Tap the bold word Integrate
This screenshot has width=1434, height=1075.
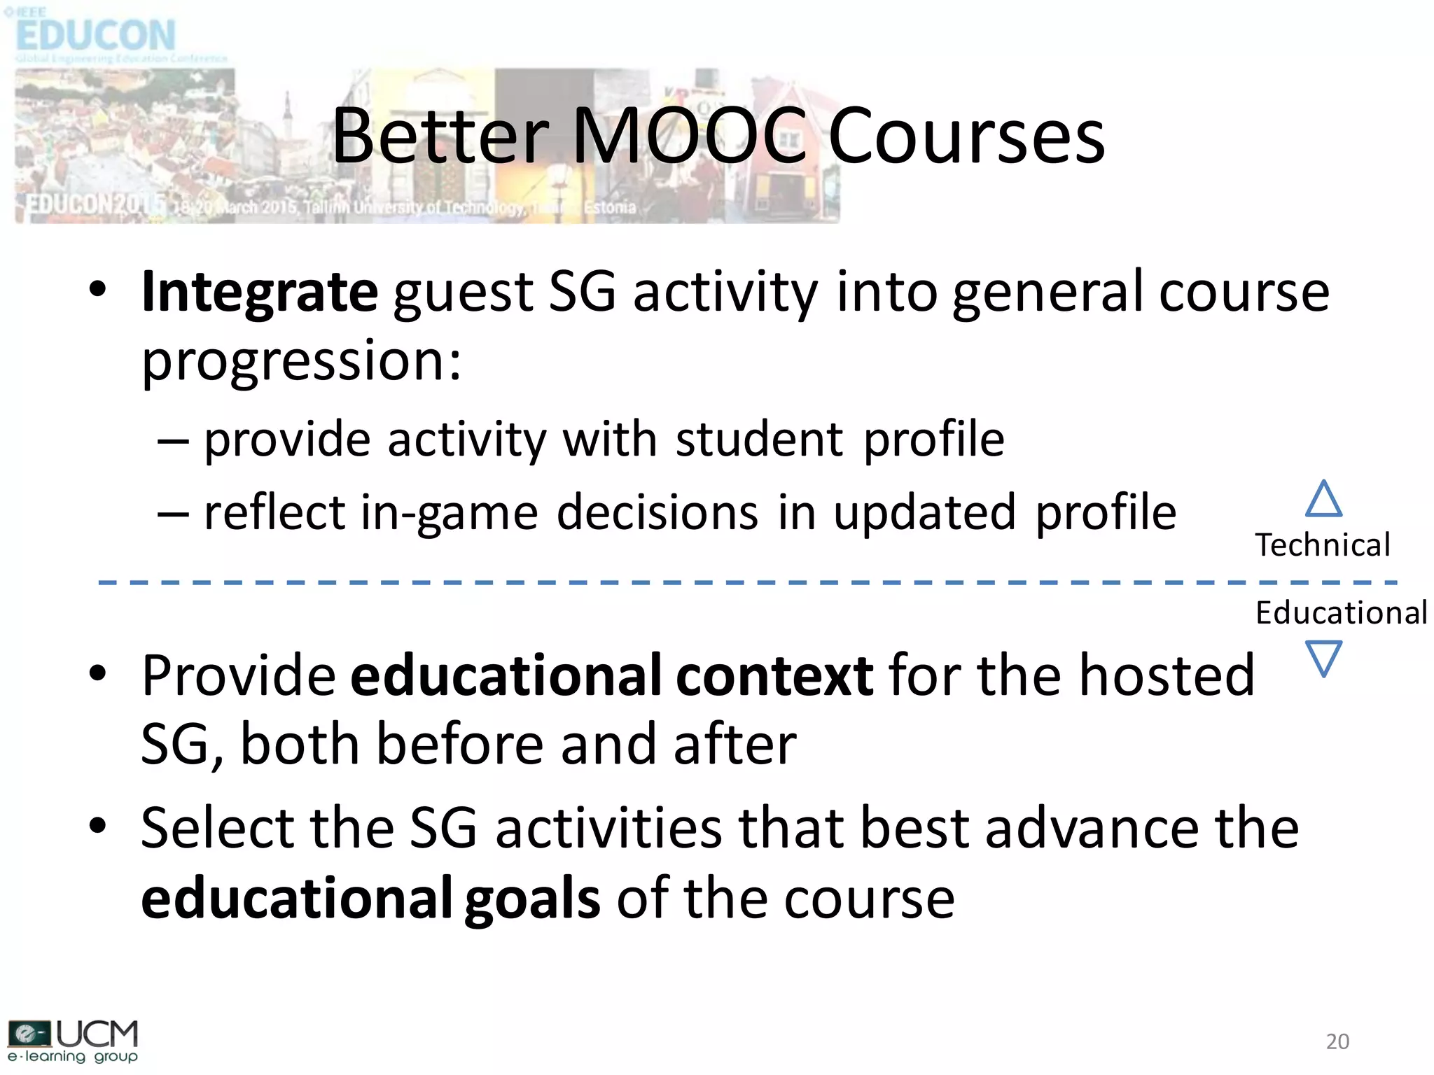[x=260, y=292]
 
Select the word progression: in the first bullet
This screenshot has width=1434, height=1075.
[x=302, y=362]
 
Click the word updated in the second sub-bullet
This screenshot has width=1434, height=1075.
[x=924, y=513]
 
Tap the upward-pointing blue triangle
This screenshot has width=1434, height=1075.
[x=1323, y=499]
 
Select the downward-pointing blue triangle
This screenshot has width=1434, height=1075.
[x=1323, y=657]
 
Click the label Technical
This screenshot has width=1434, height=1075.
[x=1322, y=545]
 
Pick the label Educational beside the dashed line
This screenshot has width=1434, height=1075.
[x=1341, y=613]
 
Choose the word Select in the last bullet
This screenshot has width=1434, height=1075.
[x=217, y=828]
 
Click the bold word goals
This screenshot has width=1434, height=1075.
[x=532, y=898]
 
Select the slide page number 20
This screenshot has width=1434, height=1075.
[x=1337, y=1041]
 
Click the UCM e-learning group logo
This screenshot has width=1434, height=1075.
[x=73, y=1041]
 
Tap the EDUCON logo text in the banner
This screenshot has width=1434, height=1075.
[x=95, y=35]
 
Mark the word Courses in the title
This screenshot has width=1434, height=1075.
[x=966, y=136]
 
